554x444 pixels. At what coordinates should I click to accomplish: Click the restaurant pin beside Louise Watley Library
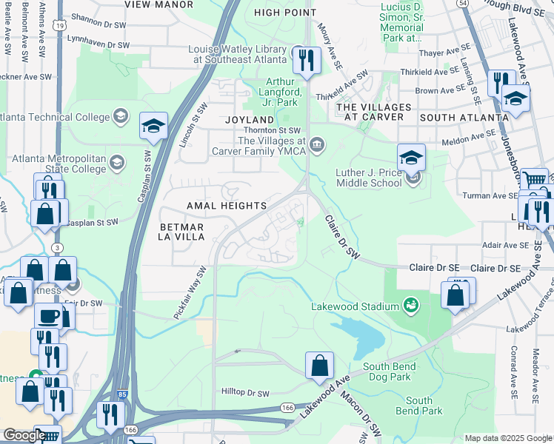click(305, 60)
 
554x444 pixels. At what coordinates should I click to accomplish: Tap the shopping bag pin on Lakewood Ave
click(319, 366)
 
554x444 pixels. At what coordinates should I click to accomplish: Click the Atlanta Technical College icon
click(119, 116)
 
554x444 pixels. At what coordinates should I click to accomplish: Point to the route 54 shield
click(462, 4)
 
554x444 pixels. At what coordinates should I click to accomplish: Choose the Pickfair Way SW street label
click(190, 294)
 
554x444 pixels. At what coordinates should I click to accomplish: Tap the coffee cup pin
click(50, 316)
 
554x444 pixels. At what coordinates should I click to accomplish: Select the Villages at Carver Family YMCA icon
click(318, 144)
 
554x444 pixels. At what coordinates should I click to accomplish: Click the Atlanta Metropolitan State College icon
click(116, 162)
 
